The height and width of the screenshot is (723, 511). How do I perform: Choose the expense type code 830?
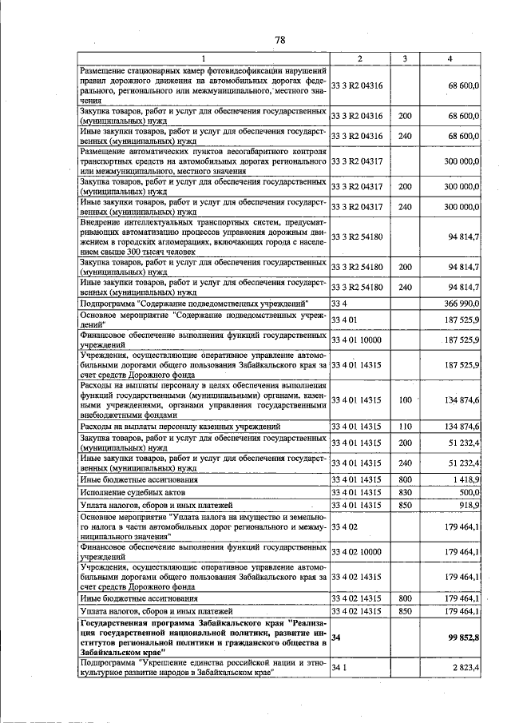(405, 493)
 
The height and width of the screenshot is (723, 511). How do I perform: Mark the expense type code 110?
(405, 427)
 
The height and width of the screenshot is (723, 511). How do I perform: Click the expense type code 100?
(405, 399)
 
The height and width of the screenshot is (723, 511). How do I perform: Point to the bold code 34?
(336, 638)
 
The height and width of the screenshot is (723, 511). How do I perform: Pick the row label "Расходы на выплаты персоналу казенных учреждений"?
(180, 427)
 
